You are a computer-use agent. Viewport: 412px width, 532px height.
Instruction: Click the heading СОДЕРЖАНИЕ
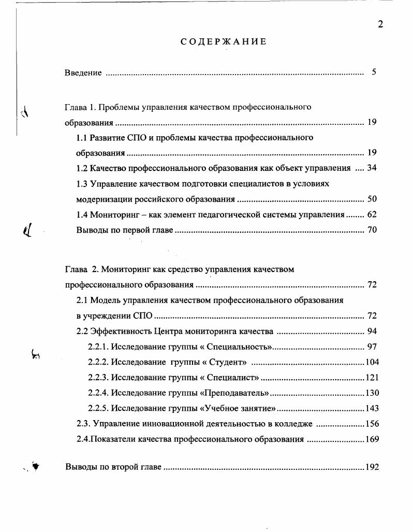pyautogui.click(x=223, y=41)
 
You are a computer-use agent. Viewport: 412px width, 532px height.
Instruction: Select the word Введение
pyautogui.click(x=83, y=73)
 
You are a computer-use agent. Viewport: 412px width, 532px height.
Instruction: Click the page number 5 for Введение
pyautogui.click(x=373, y=72)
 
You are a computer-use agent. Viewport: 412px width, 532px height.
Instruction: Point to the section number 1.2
pyautogui.click(x=82, y=168)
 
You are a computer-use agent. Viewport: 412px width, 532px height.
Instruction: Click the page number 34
pyautogui.click(x=372, y=168)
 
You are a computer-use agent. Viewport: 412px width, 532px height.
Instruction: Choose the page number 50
pyautogui.click(x=372, y=199)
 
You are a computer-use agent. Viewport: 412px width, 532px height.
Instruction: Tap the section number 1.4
pyautogui.click(x=82, y=214)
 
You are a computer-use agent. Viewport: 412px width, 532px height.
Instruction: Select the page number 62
pyautogui.click(x=372, y=214)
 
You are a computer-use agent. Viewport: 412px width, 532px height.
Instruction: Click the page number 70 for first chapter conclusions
pyautogui.click(x=372, y=230)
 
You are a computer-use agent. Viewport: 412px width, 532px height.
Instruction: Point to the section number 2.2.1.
pyautogui.click(x=97, y=347)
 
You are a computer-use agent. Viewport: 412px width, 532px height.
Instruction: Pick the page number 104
pyautogui.click(x=372, y=362)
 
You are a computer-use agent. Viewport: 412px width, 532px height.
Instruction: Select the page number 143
pyautogui.click(x=372, y=408)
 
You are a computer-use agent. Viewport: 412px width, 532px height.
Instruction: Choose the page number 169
pyautogui.click(x=372, y=439)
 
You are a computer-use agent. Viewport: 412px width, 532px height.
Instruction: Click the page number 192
pyautogui.click(x=372, y=467)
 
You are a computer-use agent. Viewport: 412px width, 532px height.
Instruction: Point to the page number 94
pyautogui.click(x=372, y=332)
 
